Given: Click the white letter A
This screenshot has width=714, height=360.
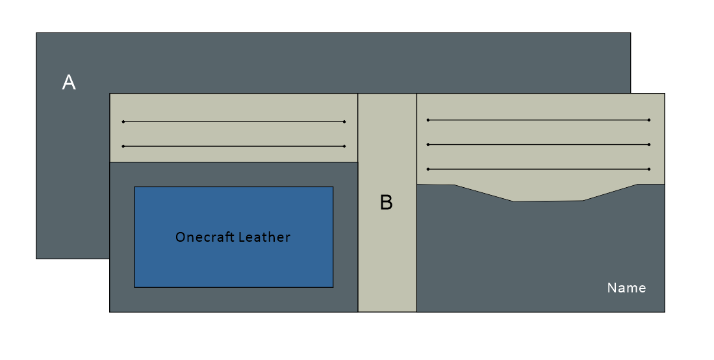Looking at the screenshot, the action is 69,83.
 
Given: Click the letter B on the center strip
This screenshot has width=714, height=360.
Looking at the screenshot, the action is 386,203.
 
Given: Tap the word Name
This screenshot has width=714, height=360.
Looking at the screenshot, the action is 626,288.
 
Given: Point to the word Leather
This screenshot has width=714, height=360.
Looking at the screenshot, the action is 264,237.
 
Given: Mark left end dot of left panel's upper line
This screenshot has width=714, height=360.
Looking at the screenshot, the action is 123,122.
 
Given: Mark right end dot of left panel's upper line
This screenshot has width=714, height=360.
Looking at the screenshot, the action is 344,122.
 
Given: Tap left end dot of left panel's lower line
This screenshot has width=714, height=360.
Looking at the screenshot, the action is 123,146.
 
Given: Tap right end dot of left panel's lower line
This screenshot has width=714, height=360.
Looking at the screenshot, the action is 344,146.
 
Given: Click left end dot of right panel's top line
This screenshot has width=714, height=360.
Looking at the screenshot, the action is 428,120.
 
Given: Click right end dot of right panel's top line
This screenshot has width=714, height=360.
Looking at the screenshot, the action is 649,120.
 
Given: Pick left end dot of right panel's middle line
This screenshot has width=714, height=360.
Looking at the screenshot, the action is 428,144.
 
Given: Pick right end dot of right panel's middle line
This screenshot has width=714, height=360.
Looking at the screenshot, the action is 649,144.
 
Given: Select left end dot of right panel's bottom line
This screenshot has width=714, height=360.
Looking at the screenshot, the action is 428,169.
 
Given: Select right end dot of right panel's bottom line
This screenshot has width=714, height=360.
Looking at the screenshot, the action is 649,169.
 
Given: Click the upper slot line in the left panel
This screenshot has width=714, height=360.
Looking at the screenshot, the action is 234,122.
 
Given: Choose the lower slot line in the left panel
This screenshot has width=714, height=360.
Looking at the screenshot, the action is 234,146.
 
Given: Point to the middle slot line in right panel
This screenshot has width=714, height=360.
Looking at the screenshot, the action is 539,144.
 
